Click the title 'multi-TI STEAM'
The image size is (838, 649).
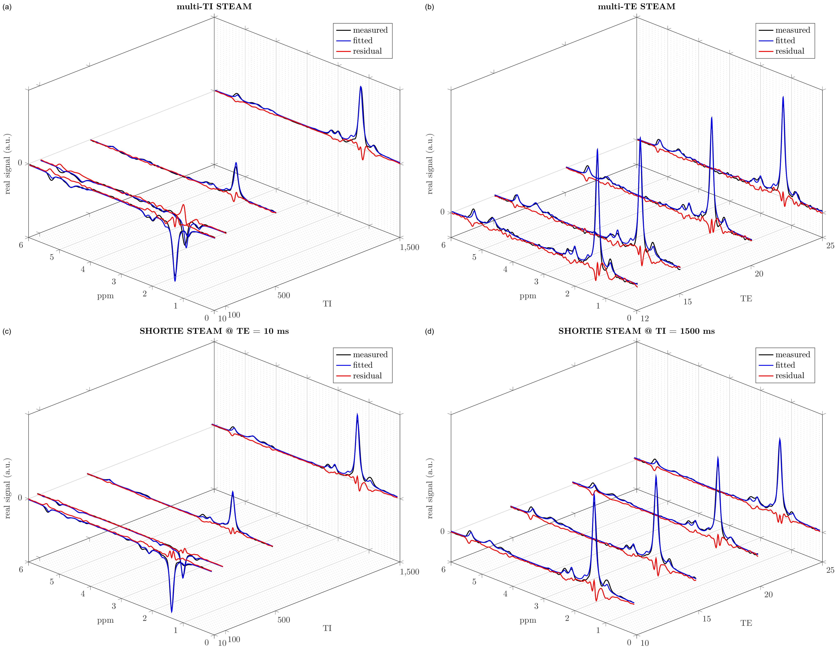pos(214,7)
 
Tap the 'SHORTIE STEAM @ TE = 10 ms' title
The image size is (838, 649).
pos(214,331)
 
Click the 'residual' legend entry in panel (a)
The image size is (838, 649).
pos(367,51)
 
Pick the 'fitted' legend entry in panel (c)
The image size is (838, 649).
pos(362,365)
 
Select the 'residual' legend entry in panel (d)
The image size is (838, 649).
pos(789,376)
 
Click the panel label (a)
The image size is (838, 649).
pos(7,7)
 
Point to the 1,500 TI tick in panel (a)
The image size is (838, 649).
pos(409,247)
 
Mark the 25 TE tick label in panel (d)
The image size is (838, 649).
pos(830,570)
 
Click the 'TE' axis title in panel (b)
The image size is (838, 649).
pos(746,298)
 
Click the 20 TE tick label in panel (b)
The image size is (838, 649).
pos(759,274)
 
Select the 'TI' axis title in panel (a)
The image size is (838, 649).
pos(327,304)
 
